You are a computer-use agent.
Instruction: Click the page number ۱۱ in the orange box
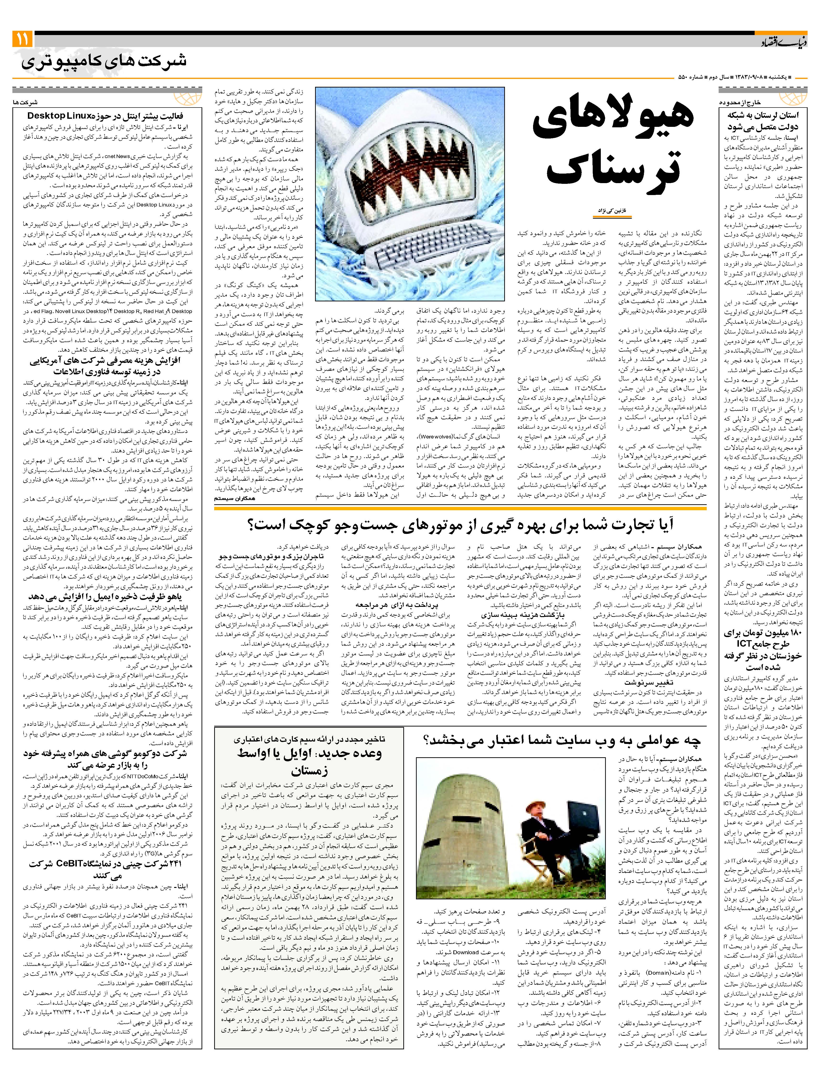[x=22, y=39]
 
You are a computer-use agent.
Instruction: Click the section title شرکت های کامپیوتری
[x=104, y=62]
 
